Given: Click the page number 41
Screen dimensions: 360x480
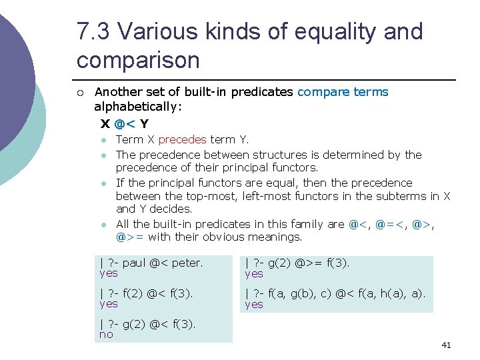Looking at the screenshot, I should pyautogui.click(x=446, y=345).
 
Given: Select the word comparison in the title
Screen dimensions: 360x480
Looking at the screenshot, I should pyautogui.click(x=138, y=61).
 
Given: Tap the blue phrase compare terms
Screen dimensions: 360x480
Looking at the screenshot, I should pyautogui.click(x=343, y=92).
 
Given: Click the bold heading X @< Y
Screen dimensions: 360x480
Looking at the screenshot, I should pyautogui.click(x=125, y=124).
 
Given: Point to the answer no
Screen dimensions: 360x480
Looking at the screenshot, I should pyautogui.click(x=106, y=335).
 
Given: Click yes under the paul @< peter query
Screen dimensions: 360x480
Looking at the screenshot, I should pyautogui.click(x=108, y=273).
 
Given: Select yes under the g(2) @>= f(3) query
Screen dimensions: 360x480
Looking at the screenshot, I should pyautogui.click(x=254, y=273).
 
